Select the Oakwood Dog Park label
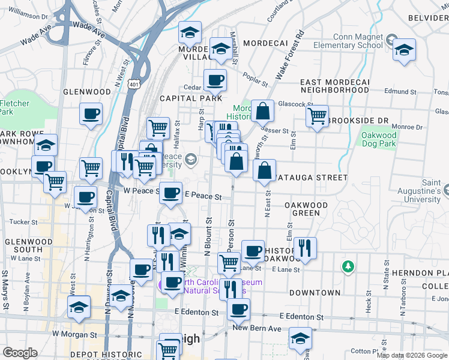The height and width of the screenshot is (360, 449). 379,140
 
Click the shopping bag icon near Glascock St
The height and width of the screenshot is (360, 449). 262,111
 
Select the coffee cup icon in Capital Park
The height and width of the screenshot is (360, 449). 215,80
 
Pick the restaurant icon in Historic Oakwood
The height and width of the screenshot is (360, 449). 305,248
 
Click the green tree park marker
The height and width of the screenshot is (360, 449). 347,265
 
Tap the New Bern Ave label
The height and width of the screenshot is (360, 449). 257,328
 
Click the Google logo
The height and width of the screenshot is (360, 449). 20,353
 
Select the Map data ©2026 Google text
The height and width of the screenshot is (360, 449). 412,355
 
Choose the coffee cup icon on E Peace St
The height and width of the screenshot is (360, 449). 170,193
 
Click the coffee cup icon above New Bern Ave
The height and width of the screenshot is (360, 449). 238,310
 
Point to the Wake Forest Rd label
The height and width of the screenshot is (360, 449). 290,56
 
